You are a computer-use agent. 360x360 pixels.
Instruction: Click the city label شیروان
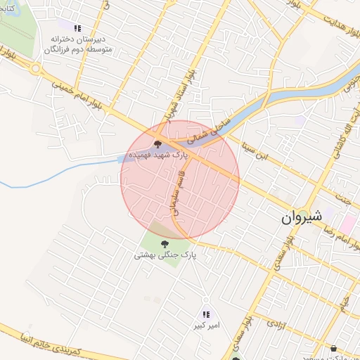point(302,217)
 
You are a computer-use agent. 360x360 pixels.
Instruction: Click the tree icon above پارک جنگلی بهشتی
point(165,244)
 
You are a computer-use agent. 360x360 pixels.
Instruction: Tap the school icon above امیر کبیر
point(206,315)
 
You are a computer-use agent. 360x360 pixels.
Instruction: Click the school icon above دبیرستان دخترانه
point(77,27)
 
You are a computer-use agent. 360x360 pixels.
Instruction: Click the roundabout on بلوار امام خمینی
point(35,69)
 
